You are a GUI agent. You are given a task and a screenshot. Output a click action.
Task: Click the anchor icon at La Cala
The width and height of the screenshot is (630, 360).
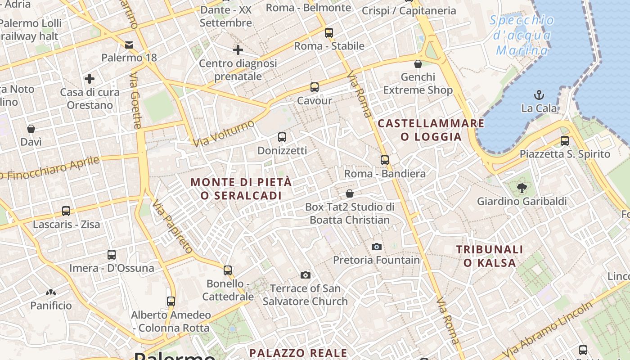click(x=539, y=95)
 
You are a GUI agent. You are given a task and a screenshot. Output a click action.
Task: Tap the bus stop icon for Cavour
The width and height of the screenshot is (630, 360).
click(x=314, y=87)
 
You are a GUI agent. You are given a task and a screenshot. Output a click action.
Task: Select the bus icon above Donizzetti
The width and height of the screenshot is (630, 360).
click(x=282, y=137)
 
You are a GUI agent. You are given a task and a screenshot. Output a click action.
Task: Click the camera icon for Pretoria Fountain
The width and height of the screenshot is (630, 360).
click(x=377, y=247)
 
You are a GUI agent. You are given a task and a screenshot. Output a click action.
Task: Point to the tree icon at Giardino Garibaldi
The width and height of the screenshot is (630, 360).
click(x=522, y=188)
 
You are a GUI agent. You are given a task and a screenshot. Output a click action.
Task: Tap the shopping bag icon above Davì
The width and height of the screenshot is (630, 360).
click(x=31, y=129)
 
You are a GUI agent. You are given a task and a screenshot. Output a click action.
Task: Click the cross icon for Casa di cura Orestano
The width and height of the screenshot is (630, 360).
click(x=90, y=79)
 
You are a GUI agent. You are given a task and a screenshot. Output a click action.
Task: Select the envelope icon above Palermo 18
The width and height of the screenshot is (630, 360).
click(x=129, y=45)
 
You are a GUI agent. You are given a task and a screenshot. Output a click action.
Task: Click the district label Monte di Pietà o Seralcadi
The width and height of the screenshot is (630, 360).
click(x=241, y=189)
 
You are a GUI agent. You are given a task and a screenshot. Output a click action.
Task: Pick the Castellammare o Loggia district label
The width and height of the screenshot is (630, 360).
click(x=431, y=130)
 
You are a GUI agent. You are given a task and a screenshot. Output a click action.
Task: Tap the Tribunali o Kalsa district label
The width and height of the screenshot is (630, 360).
click(x=490, y=256)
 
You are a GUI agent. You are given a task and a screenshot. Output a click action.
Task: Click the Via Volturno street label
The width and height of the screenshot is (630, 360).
click(x=224, y=133)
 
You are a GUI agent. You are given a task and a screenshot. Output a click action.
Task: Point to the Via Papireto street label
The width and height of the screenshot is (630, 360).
click(x=173, y=227)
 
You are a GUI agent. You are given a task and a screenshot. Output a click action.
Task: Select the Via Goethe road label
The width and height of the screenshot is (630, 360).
click(x=135, y=101)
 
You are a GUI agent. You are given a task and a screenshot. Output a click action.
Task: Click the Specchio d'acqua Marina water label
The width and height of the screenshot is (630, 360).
click(x=522, y=35)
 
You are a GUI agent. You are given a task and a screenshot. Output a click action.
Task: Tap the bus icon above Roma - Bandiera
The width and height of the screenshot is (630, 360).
click(x=384, y=160)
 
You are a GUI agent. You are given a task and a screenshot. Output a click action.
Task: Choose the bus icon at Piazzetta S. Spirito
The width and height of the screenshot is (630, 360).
click(x=565, y=140)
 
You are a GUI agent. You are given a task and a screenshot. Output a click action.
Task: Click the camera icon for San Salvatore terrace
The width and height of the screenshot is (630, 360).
click(x=306, y=275)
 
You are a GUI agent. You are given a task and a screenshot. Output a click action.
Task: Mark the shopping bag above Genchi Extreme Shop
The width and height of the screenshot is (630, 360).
click(x=418, y=64)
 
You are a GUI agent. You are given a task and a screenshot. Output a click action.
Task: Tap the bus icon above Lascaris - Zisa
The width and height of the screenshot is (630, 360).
click(x=66, y=211)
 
